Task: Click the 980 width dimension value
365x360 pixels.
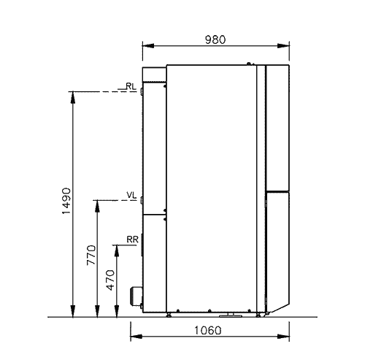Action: (x=215, y=39)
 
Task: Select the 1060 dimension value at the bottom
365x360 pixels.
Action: (x=208, y=331)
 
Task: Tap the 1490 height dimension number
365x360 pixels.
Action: (x=66, y=201)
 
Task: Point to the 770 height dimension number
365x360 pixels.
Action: (x=91, y=255)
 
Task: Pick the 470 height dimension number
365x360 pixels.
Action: (x=111, y=280)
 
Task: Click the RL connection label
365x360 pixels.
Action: (x=131, y=86)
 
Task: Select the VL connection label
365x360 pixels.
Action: (x=131, y=195)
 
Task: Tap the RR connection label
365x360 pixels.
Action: (x=132, y=240)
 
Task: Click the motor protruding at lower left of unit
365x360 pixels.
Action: (x=137, y=297)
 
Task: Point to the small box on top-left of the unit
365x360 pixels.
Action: (x=155, y=74)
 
